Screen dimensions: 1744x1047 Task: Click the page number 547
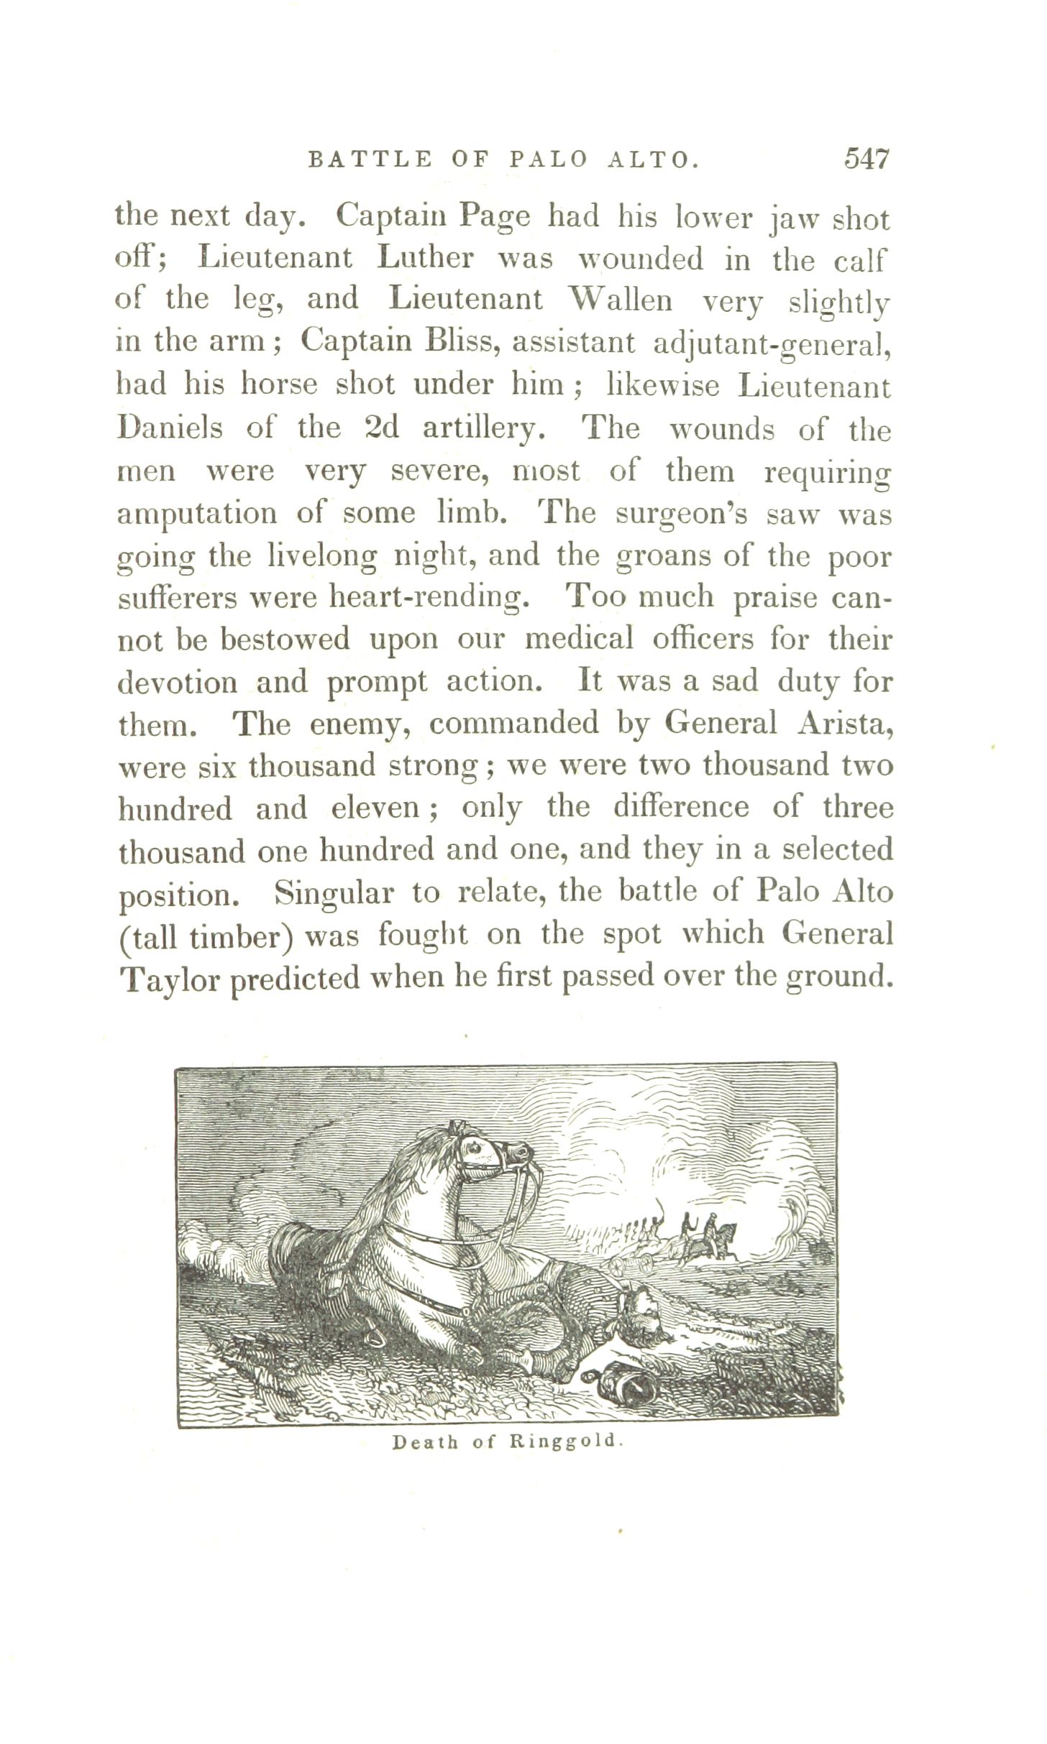coord(867,159)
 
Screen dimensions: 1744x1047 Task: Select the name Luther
coord(426,259)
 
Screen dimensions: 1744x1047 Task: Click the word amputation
coord(196,514)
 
